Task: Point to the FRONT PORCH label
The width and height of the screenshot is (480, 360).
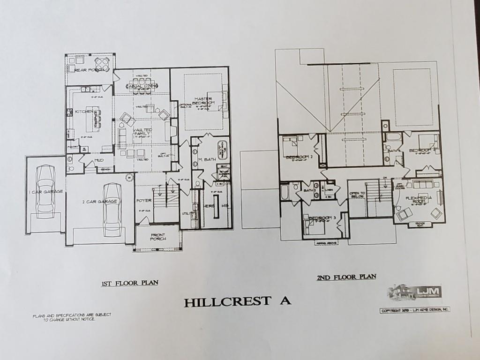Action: tap(157, 237)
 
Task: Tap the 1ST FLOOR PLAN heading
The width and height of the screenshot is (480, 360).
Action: tap(130, 283)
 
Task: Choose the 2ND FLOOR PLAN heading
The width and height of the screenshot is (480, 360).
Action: tap(346, 277)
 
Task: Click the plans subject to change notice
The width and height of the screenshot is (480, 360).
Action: tap(72, 316)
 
